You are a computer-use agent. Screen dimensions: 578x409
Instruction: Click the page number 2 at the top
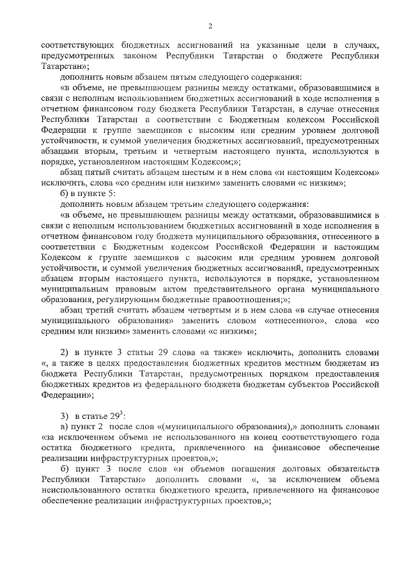pos(210,25)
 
